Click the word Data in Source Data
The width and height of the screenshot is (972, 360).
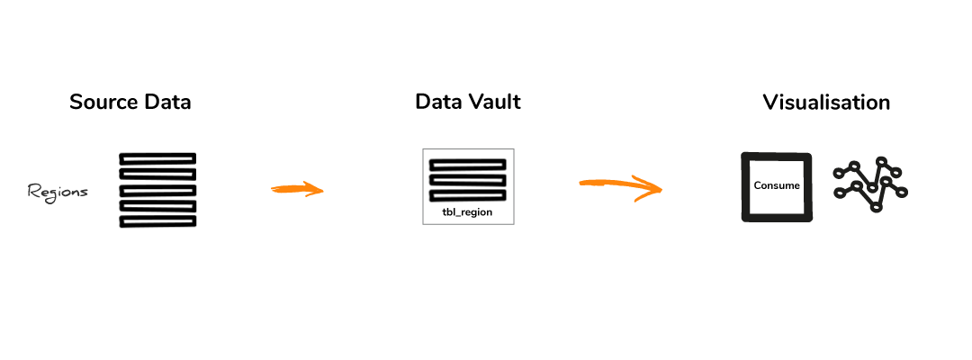[x=168, y=103]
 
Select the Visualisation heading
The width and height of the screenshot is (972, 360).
[x=826, y=103]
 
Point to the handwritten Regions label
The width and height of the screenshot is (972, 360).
[x=58, y=192]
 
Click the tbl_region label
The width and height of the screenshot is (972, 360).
[x=467, y=211]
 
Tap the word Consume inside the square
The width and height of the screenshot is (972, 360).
[x=777, y=185]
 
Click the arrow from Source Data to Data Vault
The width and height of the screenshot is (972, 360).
[x=298, y=189]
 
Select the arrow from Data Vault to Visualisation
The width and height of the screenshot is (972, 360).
[x=620, y=185]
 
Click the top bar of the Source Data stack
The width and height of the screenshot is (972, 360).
[x=158, y=158]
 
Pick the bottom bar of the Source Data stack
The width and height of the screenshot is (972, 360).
[x=158, y=221]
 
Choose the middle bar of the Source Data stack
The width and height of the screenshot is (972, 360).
[x=158, y=190]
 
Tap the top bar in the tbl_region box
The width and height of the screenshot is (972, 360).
[x=468, y=165]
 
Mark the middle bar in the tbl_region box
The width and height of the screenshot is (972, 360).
[x=468, y=180]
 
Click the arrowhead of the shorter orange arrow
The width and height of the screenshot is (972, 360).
[x=316, y=190]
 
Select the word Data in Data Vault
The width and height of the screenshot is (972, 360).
[x=438, y=103]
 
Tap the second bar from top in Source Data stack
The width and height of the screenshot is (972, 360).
[x=158, y=175]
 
